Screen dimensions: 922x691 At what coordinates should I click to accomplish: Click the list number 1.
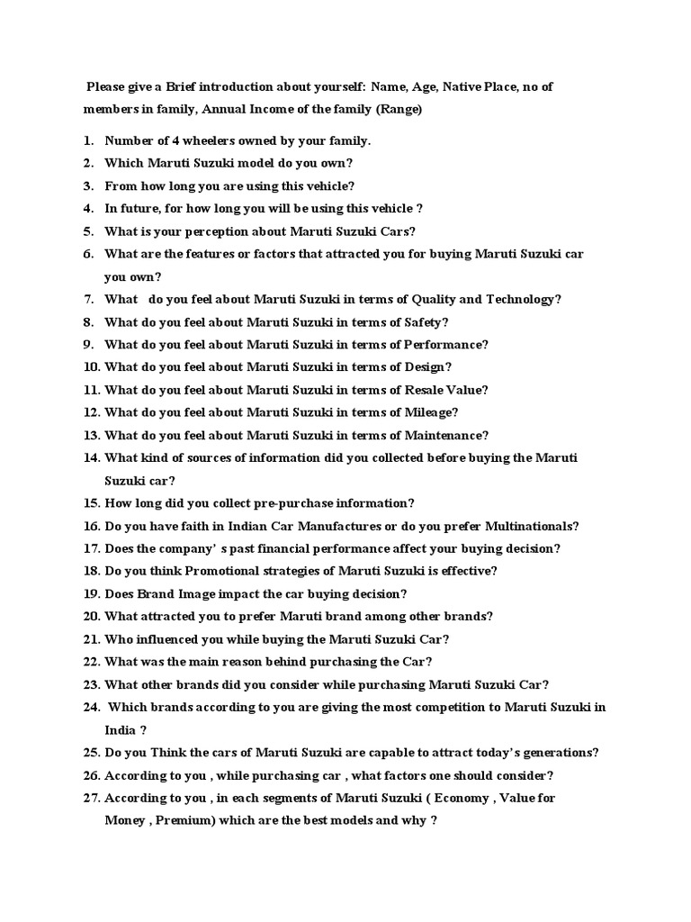88,140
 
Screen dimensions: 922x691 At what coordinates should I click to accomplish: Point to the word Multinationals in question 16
532,526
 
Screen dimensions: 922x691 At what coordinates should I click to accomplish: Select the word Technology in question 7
522,300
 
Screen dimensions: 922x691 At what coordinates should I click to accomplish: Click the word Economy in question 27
456,798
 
